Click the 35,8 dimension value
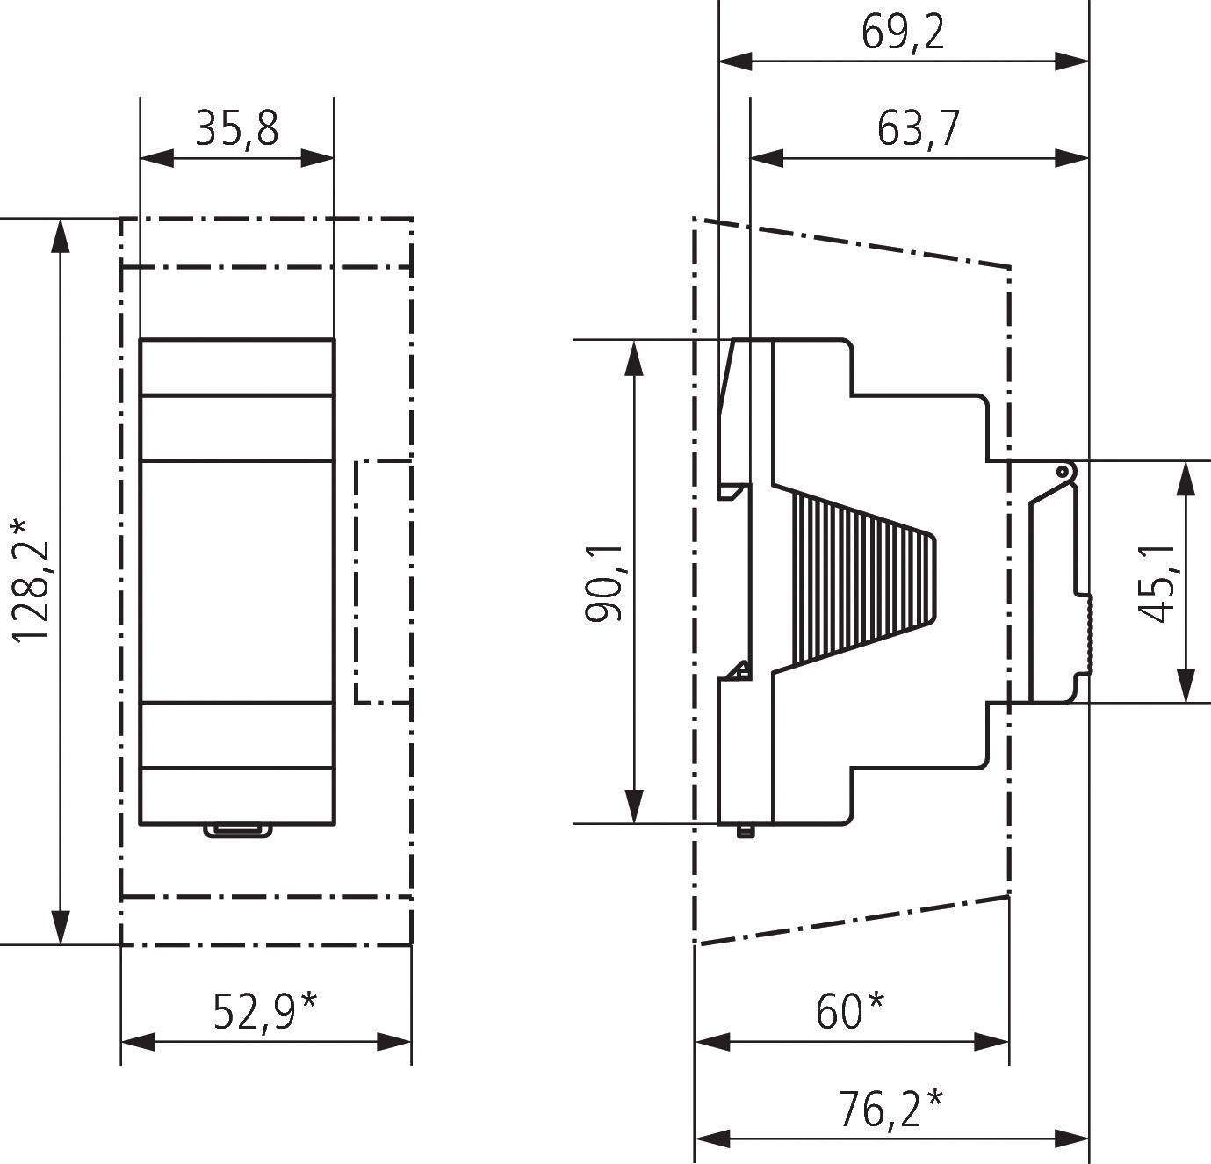click(x=236, y=128)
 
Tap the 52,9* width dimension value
click(x=264, y=1012)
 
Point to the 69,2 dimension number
click(x=903, y=33)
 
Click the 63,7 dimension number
click(x=918, y=129)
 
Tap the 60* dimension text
click(x=850, y=1012)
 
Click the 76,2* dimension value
click(x=890, y=1109)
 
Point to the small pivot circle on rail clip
click(x=1063, y=472)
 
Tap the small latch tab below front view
click(x=237, y=830)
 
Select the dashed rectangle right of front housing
click(x=383, y=581)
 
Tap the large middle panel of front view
click(x=237, y=581)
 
